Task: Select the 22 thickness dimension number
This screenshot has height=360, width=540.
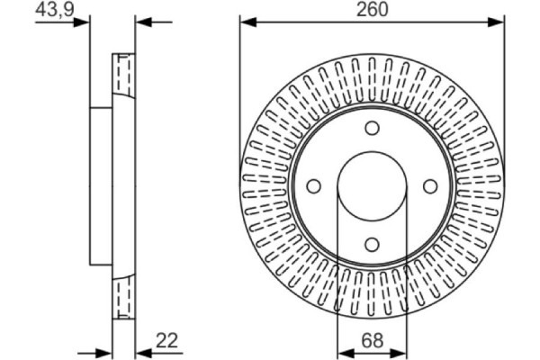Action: [167, 339]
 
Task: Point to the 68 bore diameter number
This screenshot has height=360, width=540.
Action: [372, 339]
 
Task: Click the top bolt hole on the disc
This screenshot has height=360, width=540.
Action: [372, 128]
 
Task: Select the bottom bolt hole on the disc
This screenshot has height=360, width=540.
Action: [372, 243]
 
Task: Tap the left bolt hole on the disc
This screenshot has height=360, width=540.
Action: [314, 185]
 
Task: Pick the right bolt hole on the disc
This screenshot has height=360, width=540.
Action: [429, 185]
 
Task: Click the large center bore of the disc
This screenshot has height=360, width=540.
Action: [372, 185]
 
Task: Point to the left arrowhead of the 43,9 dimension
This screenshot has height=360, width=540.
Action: [83, 22]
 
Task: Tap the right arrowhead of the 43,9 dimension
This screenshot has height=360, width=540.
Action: [142, 22]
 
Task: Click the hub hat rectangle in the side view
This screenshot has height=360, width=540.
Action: [101, 185]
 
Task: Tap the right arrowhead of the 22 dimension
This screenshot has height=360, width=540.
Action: [141, 350]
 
